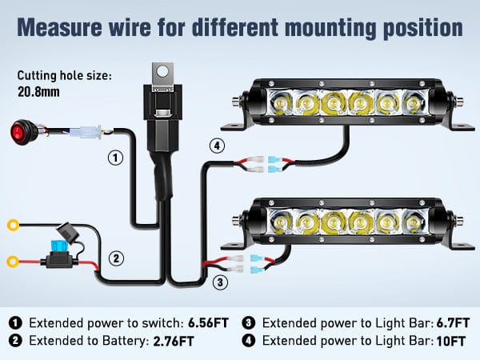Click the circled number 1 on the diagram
click(116, 158)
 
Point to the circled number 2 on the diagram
click(116, 258)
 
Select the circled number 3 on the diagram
click(222, 281)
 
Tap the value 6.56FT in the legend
click(210, 323)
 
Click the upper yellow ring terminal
click(14, 226)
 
